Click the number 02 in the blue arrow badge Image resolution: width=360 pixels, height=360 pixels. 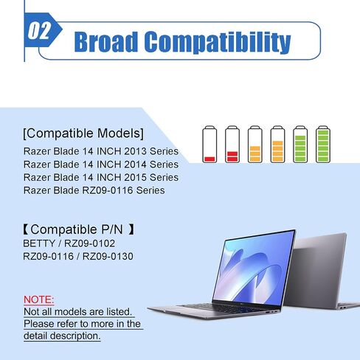39,31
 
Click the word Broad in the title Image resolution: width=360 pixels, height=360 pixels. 106,41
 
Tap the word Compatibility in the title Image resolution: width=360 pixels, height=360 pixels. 218,42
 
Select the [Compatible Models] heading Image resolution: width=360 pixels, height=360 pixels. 83,134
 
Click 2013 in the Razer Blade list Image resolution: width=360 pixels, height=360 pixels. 136,151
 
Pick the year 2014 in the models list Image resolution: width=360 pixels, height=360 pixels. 136,165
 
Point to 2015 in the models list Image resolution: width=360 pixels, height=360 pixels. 136,177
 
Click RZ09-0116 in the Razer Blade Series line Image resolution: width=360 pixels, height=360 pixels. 108,190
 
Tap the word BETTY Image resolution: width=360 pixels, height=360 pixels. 39,243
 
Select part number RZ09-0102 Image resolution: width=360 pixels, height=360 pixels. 89,243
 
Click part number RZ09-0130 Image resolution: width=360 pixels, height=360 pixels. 108,256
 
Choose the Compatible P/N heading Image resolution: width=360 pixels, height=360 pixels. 78,229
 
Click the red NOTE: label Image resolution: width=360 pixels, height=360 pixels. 38,300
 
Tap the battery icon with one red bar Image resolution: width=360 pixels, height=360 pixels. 210,144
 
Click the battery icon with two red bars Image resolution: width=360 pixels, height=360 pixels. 232,144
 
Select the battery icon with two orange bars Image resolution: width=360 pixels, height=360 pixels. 255,144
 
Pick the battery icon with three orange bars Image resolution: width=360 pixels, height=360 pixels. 277,144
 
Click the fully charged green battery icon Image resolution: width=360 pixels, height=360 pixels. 323,144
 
